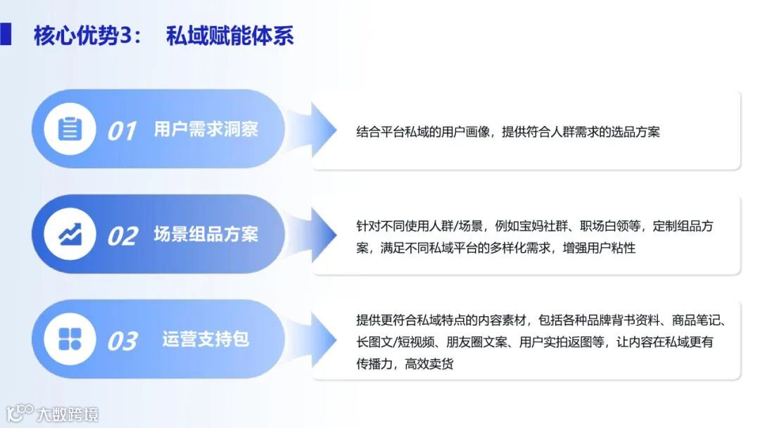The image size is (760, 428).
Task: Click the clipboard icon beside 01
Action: (70, 129)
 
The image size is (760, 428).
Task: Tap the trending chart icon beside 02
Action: (70, 234)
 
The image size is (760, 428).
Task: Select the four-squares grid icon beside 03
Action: (70, 339)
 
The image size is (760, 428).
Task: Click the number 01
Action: (121, 131)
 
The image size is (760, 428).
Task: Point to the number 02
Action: (122, 237)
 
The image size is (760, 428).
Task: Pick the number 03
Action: (122, 341)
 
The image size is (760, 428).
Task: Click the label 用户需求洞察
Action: (205, 130)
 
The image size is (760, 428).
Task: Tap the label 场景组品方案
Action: (205, 234)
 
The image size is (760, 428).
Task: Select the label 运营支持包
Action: (205, 339)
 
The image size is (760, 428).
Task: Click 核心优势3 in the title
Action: (87, 35)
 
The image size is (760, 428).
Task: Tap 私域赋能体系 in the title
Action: (229, 35)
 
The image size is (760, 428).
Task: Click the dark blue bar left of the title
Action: (6, 34)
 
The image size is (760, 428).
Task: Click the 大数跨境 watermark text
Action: (68, 414)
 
